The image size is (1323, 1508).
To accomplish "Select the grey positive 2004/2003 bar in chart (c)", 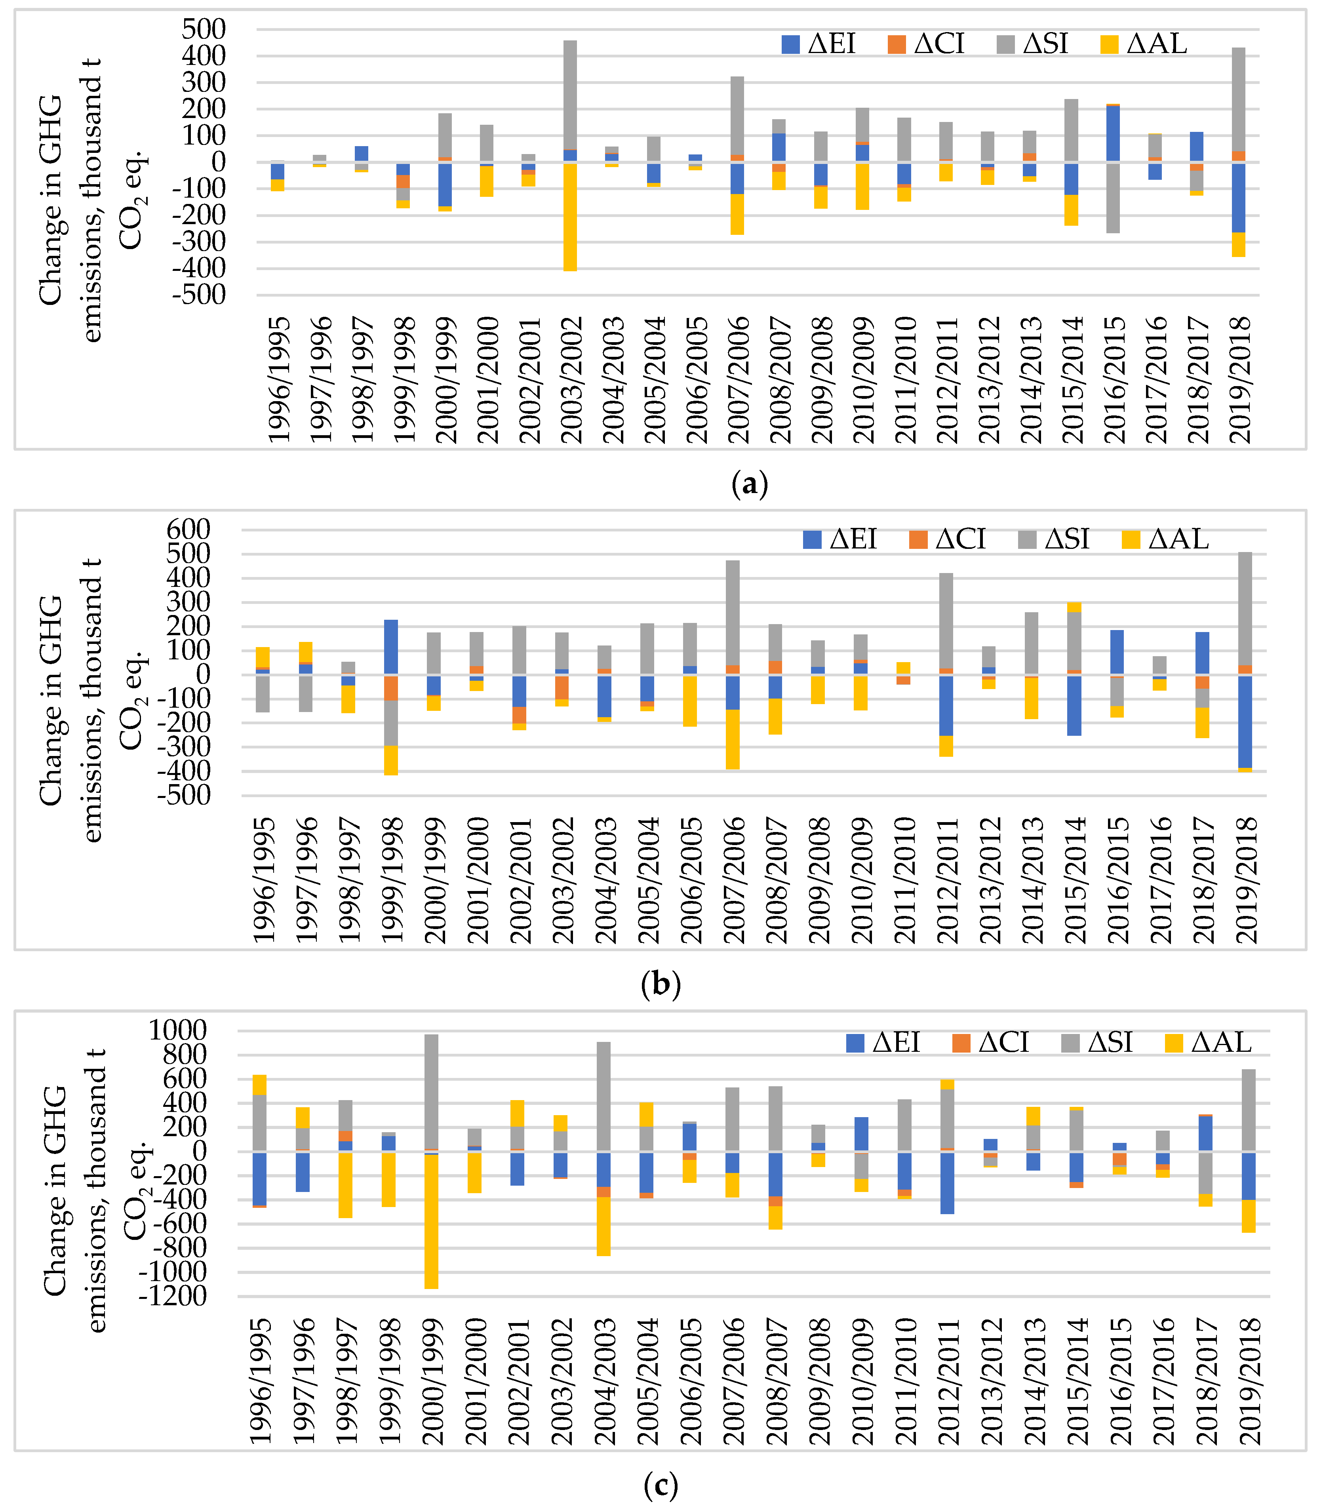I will [603, 1096].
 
